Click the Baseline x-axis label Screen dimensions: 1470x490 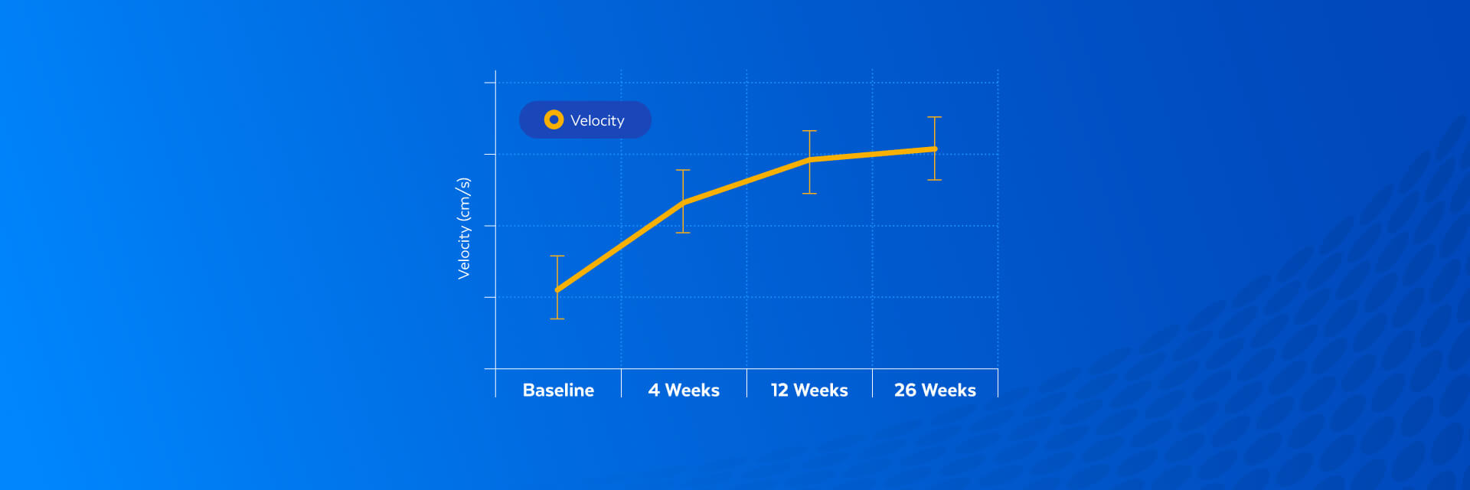click(x=558, y=390)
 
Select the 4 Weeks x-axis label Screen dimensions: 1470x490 click(x=684, y=390)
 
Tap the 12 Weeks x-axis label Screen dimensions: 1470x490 click(x=809, y=390)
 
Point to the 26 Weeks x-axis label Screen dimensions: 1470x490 click(x=935, y=390)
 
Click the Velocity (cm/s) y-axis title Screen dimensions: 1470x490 click(x=464, y=228)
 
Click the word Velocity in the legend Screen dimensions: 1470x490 click(x=597, y=120)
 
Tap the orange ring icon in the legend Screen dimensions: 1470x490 click(x=554, y=119)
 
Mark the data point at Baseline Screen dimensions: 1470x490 click(x=557, y=290)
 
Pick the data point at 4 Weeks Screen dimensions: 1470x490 click(x=683, y=203)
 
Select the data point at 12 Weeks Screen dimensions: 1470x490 click(x=809, y=160)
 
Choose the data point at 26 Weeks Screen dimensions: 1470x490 click(x=934, y=149)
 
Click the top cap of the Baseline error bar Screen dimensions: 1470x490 click(x=557, y=256)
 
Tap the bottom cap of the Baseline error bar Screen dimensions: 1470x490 click(x=557, y=318)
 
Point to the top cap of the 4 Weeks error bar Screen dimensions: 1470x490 click(x=683, y=170)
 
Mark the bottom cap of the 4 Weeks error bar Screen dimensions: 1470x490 click(x=683, y=233)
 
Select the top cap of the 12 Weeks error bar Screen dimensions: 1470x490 click(x=809, y=131)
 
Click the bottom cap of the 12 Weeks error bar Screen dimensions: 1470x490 click(x=809, y=194)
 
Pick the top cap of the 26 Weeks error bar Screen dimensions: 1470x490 click(x=934, y=117)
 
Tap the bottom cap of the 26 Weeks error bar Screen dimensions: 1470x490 click(x=934, y=180)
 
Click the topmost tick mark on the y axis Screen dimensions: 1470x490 click(x=490, y=83)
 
